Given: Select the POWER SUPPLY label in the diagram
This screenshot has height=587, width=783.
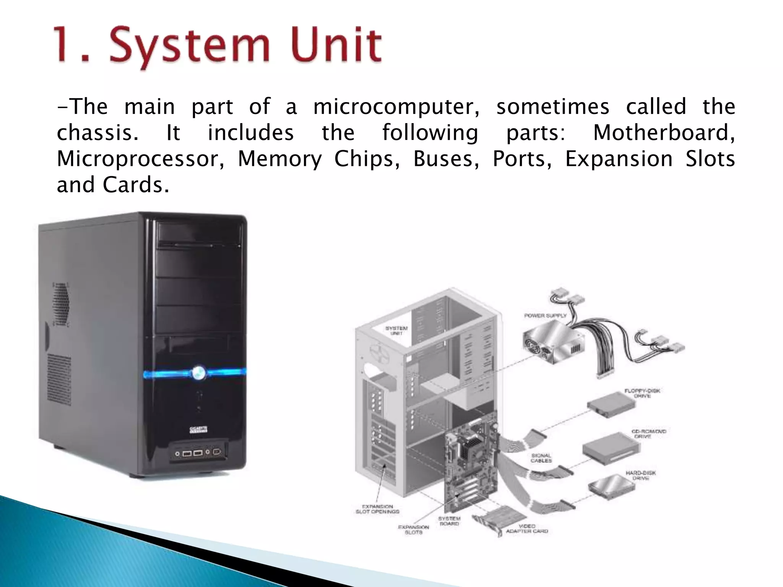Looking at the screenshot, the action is (545, 316).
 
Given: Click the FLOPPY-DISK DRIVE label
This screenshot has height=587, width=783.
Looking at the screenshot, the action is (642, 393).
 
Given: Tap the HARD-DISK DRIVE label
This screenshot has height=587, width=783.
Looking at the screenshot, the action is (640, 475).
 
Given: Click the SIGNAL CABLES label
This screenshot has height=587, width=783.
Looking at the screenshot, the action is (541, 458).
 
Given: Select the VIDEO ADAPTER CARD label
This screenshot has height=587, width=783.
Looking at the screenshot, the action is (527, 529).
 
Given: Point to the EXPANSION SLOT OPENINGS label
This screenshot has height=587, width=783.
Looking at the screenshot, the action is (377, 509).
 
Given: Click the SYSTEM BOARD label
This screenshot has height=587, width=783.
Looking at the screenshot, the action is (449, 521).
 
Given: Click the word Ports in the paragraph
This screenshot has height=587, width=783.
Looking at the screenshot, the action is (522, 159).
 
